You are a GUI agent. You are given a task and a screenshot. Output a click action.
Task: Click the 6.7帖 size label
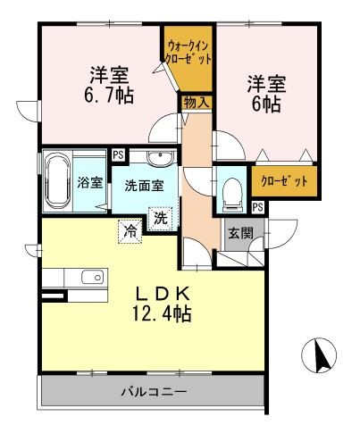pos(103,93)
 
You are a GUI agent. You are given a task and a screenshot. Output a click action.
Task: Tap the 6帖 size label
pos(265,104)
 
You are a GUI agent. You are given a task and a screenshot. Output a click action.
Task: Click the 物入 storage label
pos(197,103)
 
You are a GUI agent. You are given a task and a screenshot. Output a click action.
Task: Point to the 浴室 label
pos(89,184)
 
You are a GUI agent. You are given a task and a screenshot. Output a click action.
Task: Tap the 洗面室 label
pos(143,186)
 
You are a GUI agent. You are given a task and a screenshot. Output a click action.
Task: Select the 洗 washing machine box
pos(160,217)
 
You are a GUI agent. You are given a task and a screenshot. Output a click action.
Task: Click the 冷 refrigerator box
pos(130,230)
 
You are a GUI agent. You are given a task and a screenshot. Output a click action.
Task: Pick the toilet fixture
pos(231,190)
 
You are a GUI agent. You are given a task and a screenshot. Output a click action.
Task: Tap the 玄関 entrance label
pos(239,234)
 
